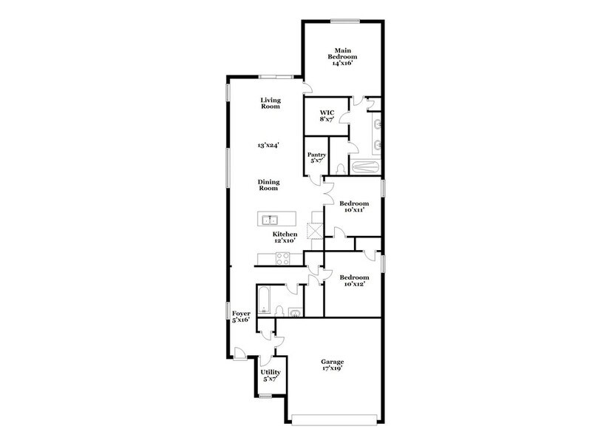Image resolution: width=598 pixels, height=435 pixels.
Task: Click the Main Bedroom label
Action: (x=343, y=53)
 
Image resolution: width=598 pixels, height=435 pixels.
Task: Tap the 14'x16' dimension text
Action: (x=343, y=64)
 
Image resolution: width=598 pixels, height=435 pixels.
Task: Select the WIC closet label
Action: (x=327, y=112)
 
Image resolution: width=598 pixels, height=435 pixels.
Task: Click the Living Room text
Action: (x=270, y=103)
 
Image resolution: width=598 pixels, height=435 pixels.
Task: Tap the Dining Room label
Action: (x=268, y=185)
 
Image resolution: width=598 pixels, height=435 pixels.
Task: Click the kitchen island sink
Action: (x=271, y=219)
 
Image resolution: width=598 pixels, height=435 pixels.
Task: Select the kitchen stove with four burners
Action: (x=283, y=257)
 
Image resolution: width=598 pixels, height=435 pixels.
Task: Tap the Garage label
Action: (x=332, y=362)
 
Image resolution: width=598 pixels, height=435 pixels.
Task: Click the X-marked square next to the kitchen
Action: (x=315, y=232)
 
